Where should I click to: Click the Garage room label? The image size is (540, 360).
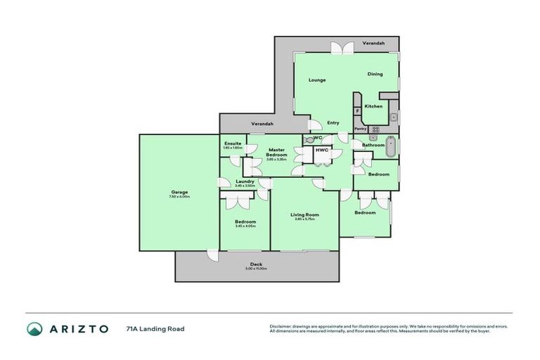click(x=179, y=191)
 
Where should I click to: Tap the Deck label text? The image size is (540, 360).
click(x=256, y=264)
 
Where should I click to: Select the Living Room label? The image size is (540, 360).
click(x=305, y=214)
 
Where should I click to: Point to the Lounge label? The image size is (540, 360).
click(x=316, y=80)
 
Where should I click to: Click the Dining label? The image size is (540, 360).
click(x=375, y=74)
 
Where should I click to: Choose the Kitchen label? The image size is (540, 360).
click(x=373, y=106)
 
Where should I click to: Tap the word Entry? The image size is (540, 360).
click(x=333, y=123)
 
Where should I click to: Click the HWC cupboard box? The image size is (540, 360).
click(x=322, y=150)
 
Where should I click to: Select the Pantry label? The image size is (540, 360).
click(x=360, y=129)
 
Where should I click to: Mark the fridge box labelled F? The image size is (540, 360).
click(x=358, y=111)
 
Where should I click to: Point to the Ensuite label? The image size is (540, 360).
click(x=233, y=143)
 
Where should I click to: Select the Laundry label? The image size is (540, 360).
click(x=245, y=181)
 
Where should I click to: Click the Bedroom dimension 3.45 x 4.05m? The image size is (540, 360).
click(x=245, y=226)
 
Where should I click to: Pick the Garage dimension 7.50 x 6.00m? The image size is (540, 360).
click(x=179, y=196)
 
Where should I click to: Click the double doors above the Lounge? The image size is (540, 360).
click(x=342, y=47)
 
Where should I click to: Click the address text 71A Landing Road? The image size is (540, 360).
click(x=155, y=328)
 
